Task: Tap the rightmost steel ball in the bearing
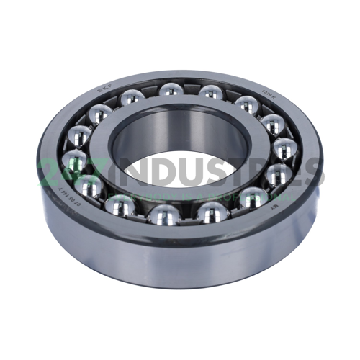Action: click(284, 150)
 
